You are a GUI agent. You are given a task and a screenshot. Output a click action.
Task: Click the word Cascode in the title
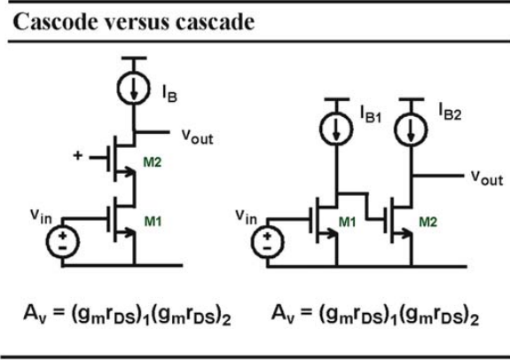coord(55,22)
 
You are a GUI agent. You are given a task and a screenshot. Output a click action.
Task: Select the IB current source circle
coord(134,89)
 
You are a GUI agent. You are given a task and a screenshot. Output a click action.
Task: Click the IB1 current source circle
coord(336,128)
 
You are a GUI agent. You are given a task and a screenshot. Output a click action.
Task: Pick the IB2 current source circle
coord(411,129)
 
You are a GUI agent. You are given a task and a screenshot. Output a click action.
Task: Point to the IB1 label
coord(371,114)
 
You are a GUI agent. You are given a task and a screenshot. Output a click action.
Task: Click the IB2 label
coord(450,112)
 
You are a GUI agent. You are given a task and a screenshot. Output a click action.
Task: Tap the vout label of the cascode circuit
coord(198,136)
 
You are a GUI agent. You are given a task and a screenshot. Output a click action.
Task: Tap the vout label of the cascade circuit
coord(487,178)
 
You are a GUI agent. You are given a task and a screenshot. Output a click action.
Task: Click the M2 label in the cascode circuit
coord(153,162)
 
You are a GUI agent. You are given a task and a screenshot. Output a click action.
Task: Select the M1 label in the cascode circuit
coord(153,222)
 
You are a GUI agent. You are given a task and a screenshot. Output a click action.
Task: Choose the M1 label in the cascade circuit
coord(348,222)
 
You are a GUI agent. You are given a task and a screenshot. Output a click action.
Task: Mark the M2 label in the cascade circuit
coord(428,222)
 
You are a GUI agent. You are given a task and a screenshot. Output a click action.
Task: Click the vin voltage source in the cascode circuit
coord(62,242)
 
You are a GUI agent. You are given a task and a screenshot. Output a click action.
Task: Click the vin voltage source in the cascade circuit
coord(267,242)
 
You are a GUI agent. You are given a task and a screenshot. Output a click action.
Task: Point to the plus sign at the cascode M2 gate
coord(78,155)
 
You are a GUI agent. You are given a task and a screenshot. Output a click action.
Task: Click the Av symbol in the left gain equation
coord(35,314)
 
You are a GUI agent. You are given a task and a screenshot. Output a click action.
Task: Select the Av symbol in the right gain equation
coord(283,314)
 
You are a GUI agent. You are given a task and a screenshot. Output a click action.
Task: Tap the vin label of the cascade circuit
coord(247,216)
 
